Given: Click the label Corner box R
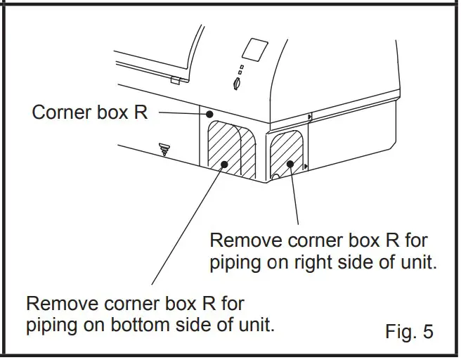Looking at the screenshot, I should click(90, 112).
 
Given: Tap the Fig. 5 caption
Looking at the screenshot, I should click(410, 331).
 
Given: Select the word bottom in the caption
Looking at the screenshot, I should click(157, 326).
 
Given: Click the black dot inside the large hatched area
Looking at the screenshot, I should click(223, 165).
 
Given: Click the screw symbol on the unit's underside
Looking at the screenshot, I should click(165, 148).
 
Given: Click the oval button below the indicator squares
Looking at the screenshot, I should click(236, 84).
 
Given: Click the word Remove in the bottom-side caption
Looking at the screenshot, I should click(62, 304).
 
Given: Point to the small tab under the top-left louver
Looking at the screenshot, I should click(175, 79).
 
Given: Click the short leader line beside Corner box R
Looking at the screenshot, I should click(181, 112).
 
